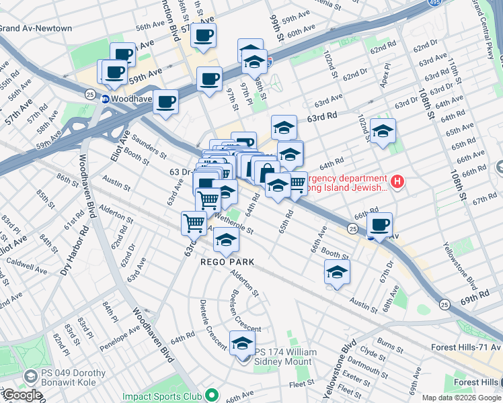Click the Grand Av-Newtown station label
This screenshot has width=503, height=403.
pos(36,28)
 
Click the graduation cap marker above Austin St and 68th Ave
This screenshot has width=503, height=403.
pos(337,272)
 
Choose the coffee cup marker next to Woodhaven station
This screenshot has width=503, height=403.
pos(165,102)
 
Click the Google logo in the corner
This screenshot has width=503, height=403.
pos(22,395)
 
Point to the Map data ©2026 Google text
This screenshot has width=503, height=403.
pos(461,398)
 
